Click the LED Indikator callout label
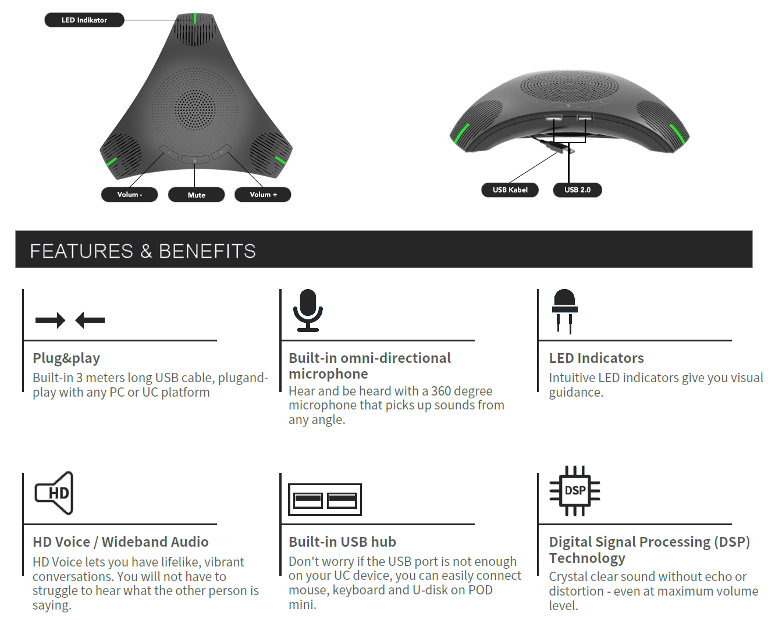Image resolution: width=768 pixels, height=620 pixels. [84, 20]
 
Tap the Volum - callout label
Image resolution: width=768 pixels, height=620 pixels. [129, 194]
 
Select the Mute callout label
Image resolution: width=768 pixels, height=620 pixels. [196, 195]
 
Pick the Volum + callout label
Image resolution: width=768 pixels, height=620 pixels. [263, 194]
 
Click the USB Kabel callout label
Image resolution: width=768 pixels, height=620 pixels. [510, 190]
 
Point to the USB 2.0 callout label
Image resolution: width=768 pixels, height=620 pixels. [577, 190]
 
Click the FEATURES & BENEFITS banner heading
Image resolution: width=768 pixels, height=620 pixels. [143, 251]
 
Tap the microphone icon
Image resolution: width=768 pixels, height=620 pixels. [308, 310]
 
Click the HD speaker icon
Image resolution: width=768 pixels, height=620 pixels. [55, 493]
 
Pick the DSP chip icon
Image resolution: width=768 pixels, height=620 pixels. [575, 490]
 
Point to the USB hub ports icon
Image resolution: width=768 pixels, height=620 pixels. [325, 500]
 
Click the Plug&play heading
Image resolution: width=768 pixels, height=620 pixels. [66, 358]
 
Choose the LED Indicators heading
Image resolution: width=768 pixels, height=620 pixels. [596, 358]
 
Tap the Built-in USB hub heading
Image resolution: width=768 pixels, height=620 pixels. [342, 541]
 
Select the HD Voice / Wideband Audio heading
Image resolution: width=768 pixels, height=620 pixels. [120, 541]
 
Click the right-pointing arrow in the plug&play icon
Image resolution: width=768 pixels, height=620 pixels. [50, 320]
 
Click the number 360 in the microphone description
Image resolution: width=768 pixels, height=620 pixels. [441, 391]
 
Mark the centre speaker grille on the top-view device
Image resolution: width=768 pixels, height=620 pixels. [195, 109]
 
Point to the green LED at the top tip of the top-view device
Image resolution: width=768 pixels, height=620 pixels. [195, 19]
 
